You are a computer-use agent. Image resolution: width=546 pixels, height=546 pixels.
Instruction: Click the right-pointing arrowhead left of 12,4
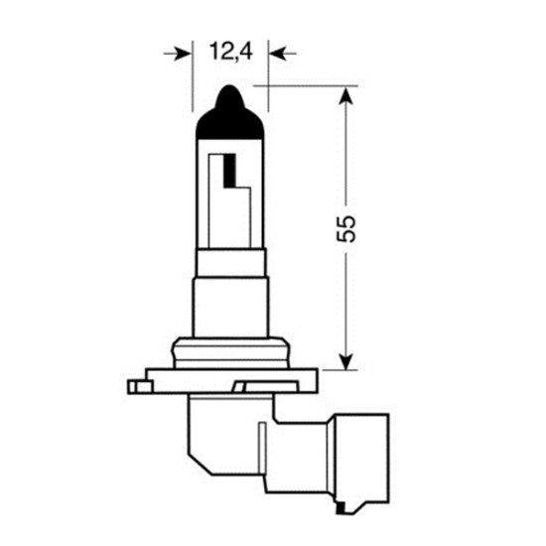pos(181,52)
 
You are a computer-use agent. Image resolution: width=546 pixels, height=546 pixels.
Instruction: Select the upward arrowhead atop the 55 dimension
pos(345,96)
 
